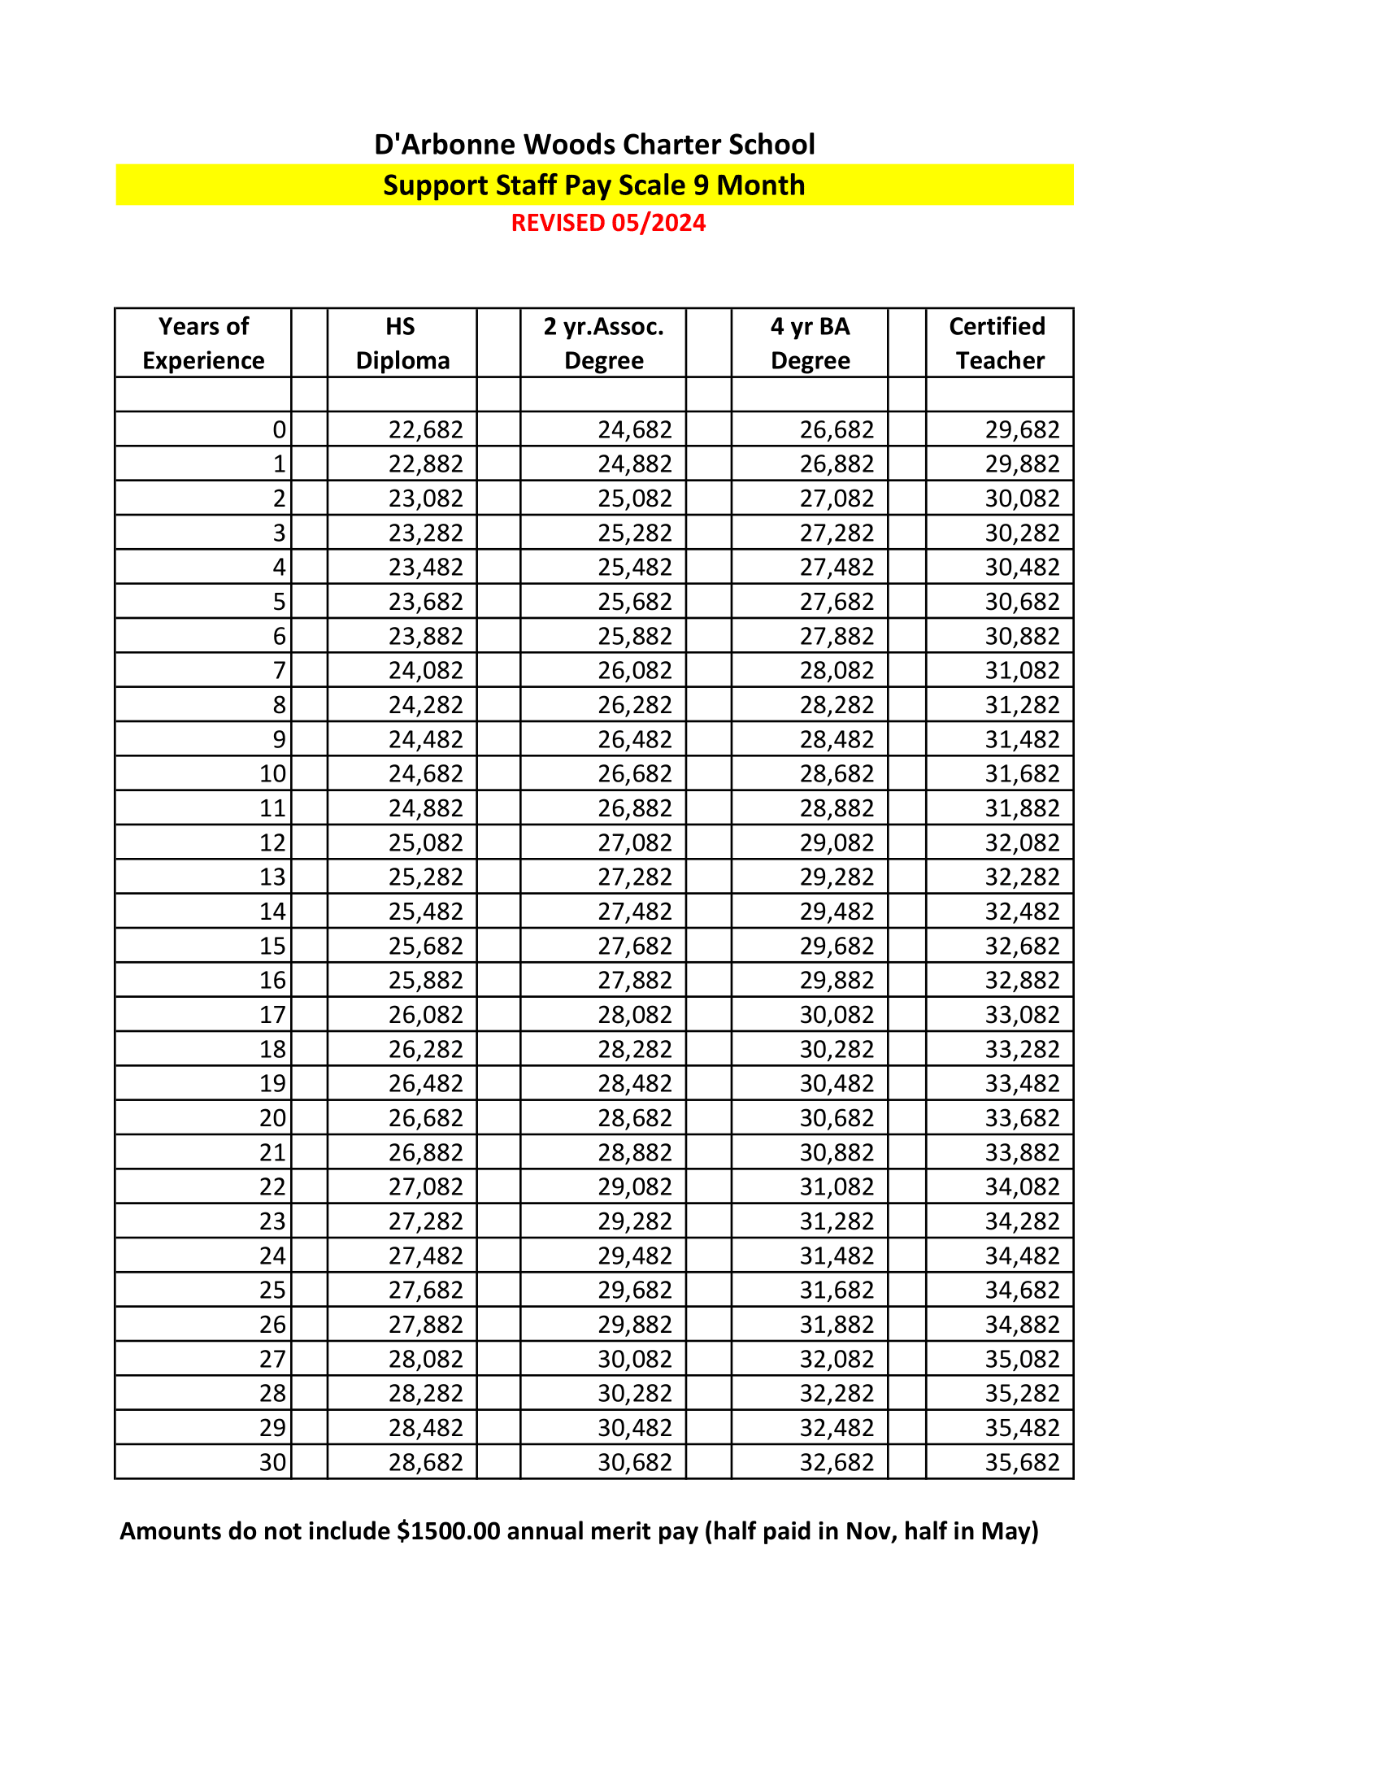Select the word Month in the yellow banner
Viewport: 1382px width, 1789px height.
761,185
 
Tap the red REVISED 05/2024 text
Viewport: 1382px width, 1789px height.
608,223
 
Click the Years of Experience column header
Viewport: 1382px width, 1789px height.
203,343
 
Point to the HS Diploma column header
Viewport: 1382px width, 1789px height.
402,343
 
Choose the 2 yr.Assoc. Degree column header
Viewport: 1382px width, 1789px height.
603,343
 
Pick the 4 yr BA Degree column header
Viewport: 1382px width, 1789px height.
810,343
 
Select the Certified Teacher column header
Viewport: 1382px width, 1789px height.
999,343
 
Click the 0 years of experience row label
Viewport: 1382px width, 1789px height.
279,429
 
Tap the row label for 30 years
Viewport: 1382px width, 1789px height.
272,1462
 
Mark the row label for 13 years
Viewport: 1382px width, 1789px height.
272,877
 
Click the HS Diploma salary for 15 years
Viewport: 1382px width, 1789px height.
426,946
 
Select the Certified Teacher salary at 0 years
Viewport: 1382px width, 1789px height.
1022,429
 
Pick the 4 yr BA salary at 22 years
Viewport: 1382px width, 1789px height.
837,1187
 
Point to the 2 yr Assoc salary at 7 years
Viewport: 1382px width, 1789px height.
635,671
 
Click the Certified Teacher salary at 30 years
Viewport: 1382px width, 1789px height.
1022,1462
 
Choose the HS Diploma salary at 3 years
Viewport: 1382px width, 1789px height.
426,533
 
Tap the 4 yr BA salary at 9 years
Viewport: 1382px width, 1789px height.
837,740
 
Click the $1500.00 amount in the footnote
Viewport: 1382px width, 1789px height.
448,1531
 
